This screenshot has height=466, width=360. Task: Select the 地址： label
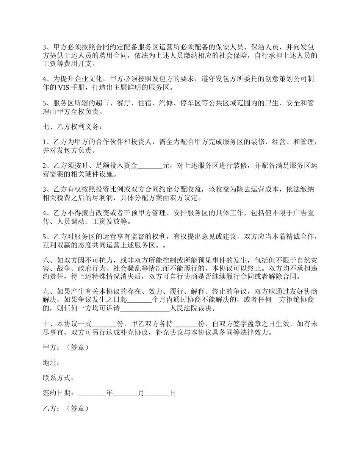(x=51, y=363)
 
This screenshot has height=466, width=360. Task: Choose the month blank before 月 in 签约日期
(x=125, y=393)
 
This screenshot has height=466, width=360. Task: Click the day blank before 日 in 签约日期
(x=157, y=393)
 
